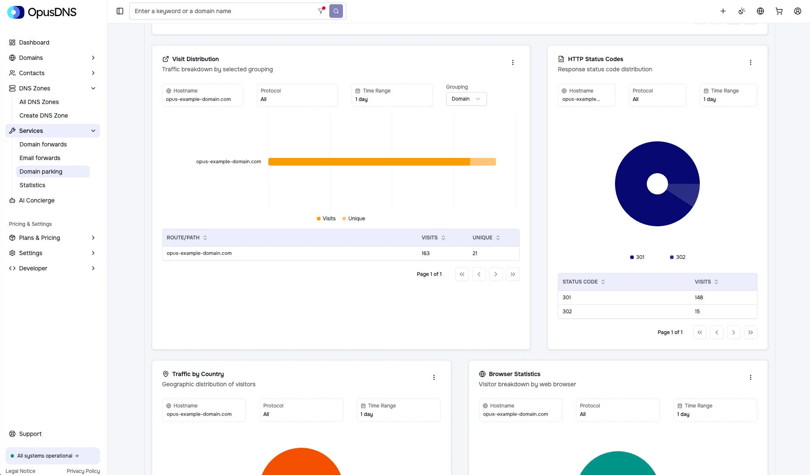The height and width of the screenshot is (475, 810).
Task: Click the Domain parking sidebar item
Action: coord(41,171)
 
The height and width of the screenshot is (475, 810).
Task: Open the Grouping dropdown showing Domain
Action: coord(466,99)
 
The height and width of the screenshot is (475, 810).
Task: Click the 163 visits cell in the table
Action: coord(426,253)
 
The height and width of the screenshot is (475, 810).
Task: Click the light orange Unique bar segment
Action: coord(483,162)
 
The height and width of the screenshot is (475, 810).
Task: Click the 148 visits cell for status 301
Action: coord(699,298)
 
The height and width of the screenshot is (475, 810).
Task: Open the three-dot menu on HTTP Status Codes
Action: coord(750,62)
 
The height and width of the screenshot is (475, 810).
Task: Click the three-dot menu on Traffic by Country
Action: coord(434,377)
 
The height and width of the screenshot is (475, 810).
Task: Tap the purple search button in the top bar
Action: coord(336,11)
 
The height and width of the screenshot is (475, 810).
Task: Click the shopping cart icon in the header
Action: coord(779,11)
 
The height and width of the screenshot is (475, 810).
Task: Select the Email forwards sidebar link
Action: coord(40,158)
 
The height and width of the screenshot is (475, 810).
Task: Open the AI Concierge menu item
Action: coord(36,200)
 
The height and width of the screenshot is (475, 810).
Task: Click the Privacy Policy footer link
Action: coord(83,471)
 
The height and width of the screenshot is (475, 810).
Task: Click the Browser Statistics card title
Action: coord(514,374)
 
